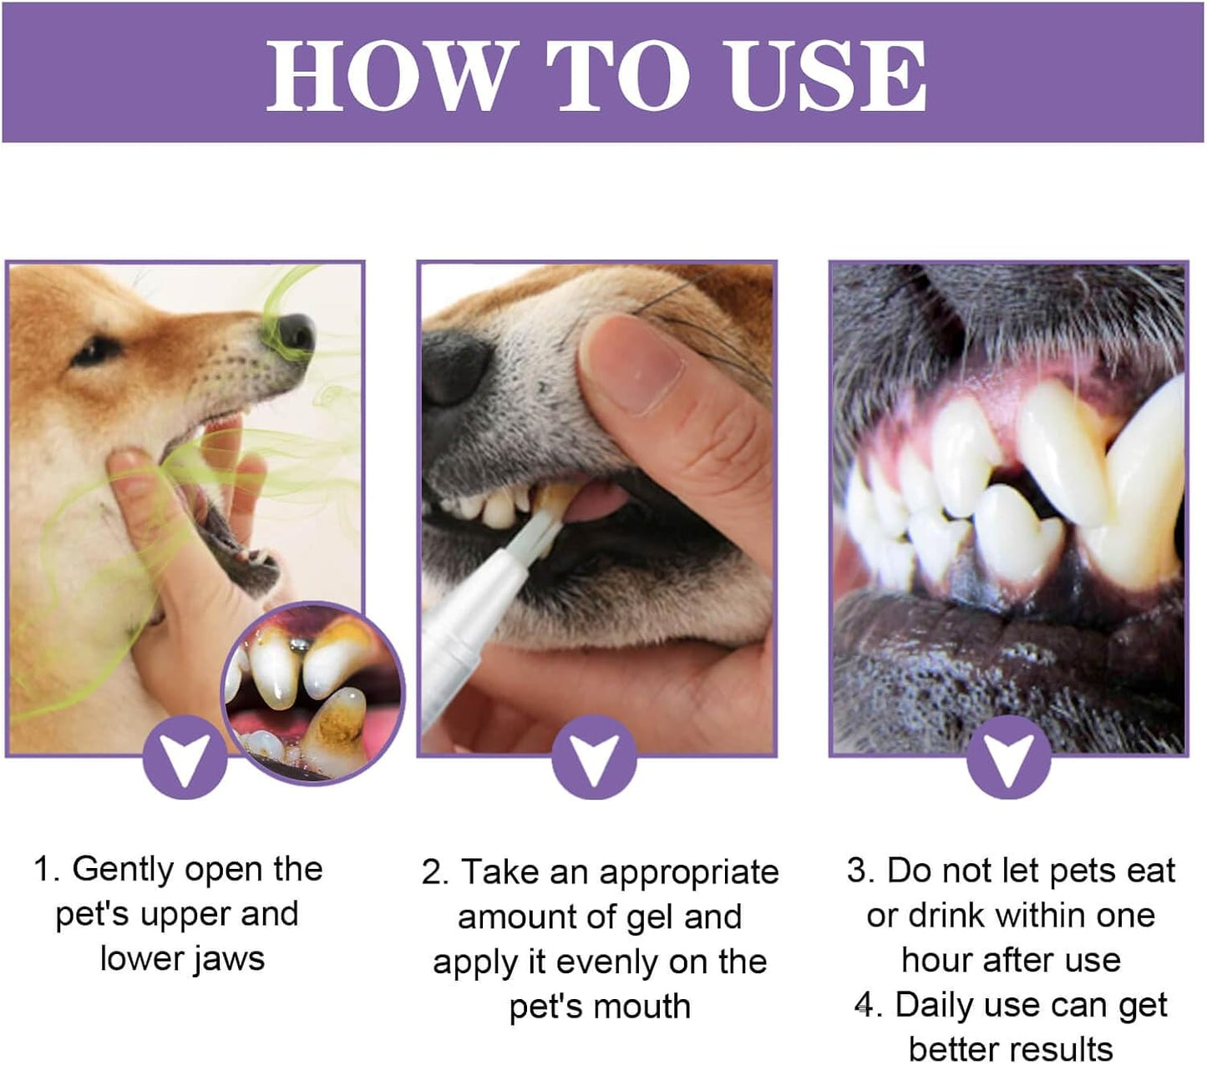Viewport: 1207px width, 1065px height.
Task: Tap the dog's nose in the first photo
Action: pos(294,332)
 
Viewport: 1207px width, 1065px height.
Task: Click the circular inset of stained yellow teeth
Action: pos(313,693)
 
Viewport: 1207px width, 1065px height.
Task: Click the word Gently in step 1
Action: pos(122,870)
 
